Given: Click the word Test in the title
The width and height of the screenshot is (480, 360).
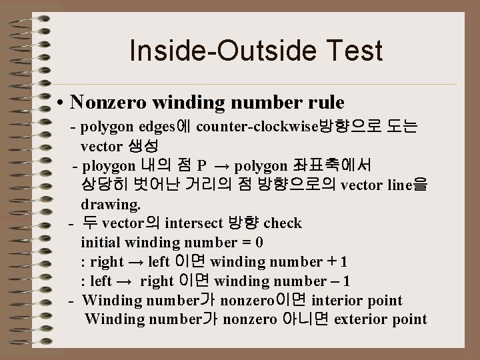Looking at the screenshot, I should (355, 51).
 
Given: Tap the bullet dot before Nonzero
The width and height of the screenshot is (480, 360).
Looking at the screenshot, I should (60, 103).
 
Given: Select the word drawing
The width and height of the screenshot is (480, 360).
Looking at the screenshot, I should (110, 203).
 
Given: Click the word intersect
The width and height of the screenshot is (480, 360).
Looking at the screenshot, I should (193, 223).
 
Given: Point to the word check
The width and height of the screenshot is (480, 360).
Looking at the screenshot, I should (283, 223).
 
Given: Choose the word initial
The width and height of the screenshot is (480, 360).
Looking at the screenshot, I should (103, 242).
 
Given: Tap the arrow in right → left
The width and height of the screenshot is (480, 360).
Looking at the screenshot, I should (136, 261).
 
